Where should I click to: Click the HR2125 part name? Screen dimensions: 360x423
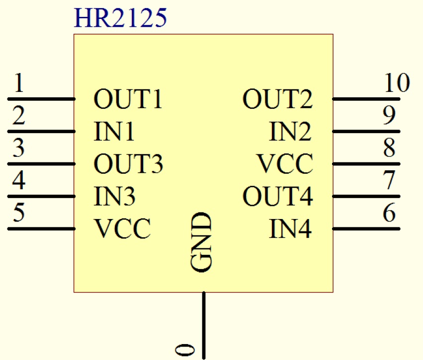pos(120,18)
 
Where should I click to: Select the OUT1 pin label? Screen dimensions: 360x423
pos(128,99)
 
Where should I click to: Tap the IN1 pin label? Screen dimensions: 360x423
pos(114,132)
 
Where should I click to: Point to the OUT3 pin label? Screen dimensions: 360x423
pos(128,164)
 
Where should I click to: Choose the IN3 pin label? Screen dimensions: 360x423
pos(114,197)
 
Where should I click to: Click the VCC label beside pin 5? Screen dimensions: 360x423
pos(122,229)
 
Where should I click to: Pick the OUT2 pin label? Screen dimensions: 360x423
pos(278,99)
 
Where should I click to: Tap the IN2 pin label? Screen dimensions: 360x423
pos(291,132)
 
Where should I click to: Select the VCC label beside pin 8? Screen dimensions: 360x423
pos(285,164)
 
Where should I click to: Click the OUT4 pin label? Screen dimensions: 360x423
pos(278,197)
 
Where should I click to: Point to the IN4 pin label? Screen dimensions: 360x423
pos(291,229)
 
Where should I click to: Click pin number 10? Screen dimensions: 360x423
pos(397,83)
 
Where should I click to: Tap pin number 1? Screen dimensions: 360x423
pos(18,84)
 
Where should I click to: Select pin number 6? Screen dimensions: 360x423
pos(389,214)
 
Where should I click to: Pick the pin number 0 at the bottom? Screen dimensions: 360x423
pos(185,350)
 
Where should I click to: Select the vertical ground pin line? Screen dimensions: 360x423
pos(203,323)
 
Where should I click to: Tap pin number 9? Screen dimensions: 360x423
pos(389,116)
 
